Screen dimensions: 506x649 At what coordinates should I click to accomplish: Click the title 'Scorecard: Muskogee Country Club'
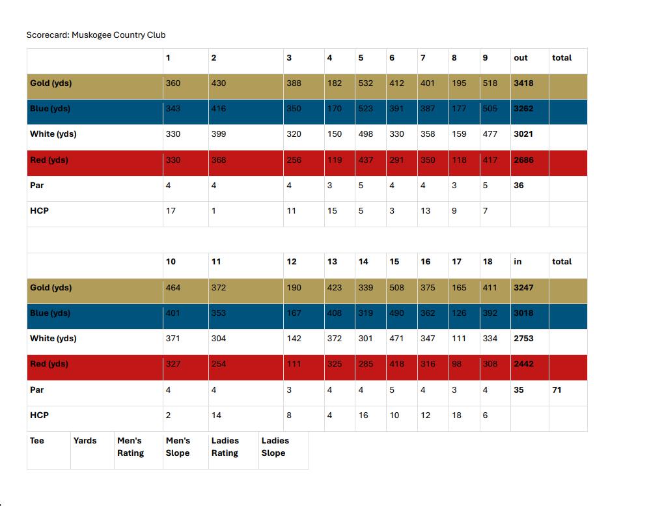pyautogui.click(x=100, y=35)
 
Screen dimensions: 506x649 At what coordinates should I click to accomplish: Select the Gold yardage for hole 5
pyautogui.click(x=366, y=83)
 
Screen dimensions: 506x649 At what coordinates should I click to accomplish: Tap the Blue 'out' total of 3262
pyautogui.click(x=523, y=109)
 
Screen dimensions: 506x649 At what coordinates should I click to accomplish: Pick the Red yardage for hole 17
pyautogui.click(x=457, y=364)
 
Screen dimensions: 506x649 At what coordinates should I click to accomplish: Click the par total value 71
pyautogui.click(x=557, y=390)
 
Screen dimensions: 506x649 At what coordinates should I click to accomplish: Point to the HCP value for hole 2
pyautogui.click(x=214, y=211)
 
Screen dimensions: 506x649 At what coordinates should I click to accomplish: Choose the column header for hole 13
pyautogui.click(x=332, y=262)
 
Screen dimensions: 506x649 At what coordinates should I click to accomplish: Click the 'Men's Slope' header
pyautogui.click(x=178, y=447)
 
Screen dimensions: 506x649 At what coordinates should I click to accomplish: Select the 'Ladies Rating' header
pyautogui.click(x=225, y=447)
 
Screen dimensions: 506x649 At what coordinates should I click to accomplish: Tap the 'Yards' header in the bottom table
pyautogui.click(x=85, y=441)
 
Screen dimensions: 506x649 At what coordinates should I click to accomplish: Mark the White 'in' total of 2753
pyautogui.click(x=523, y=339)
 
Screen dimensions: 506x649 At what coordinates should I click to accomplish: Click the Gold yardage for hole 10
pyautogui.click(x=173, y=288)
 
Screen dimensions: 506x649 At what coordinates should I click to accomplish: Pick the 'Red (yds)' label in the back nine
pyautogui.click(x=49, y=364)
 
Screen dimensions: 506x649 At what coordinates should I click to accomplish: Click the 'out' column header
pyautogui.click(x=521, y=58)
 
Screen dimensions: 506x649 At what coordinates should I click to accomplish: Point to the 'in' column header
pyautogui.click(x=518, y=262)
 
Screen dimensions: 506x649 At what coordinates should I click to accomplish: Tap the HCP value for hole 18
pyautogui.click(x=485, y=415)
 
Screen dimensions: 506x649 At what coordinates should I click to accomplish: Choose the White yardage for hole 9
pyautogui.click(x=490, y=134)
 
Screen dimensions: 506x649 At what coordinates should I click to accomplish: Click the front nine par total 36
pyautogui.click(x=518, y=186)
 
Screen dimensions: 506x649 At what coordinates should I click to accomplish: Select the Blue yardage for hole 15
pyautogui.click(x=396, y=313)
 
